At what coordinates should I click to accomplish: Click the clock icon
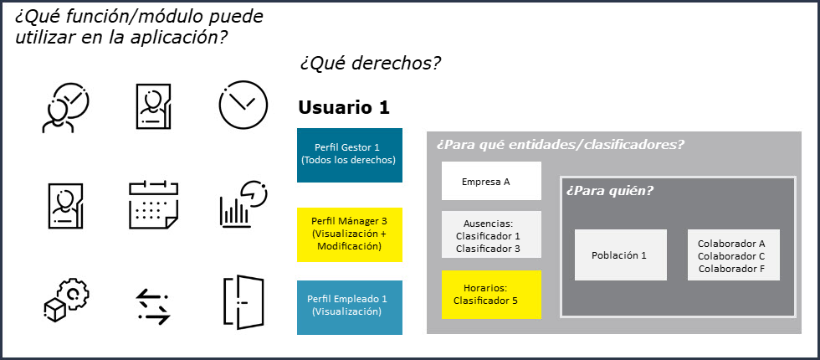click(243, 105)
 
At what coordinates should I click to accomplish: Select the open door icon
click(243, 302)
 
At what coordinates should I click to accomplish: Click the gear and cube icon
click(66, 300)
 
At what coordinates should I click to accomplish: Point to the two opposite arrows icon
click(152, 306)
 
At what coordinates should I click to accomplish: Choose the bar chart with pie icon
click(243, 204)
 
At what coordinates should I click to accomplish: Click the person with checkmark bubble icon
click(66, 107)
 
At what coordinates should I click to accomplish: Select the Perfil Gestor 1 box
click(350, 155)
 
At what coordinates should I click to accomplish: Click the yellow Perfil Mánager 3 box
click(350, 234)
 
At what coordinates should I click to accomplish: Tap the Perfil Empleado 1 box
click(350, 307)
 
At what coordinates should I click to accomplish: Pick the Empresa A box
click(491, 181)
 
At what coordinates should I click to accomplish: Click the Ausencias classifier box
click(491, 234)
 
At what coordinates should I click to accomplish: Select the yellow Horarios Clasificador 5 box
click(491, 295)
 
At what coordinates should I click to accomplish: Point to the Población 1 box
click(620, 255)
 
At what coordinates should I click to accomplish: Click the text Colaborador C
click(731, 256)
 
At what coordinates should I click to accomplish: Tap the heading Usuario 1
click(344, 108)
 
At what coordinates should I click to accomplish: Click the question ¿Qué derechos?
click(370, 64)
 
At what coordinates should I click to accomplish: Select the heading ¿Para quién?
click(610, 191)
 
